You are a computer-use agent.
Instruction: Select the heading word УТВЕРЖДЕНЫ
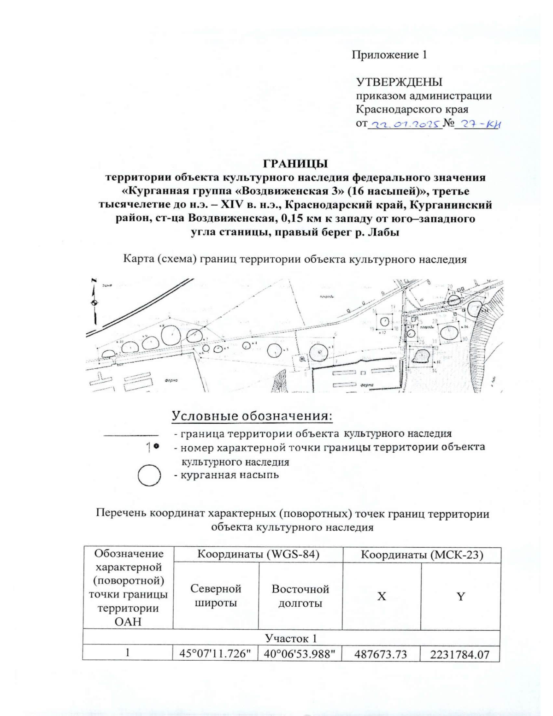click(x=399, y=82)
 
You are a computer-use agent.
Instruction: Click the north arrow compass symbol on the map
click(x=94, y=302)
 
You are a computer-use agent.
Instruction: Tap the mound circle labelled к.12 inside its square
click(x=385, y=321)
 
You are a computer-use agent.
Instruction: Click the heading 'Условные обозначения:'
click(x=252, y=416)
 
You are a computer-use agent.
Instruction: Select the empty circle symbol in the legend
click(x=149, y=475)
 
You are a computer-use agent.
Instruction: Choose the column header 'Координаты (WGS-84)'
click(x=258, y=555)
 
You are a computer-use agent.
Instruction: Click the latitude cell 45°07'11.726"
click(x=215, y=654)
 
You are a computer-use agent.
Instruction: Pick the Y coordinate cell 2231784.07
click(x=460, y=654)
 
